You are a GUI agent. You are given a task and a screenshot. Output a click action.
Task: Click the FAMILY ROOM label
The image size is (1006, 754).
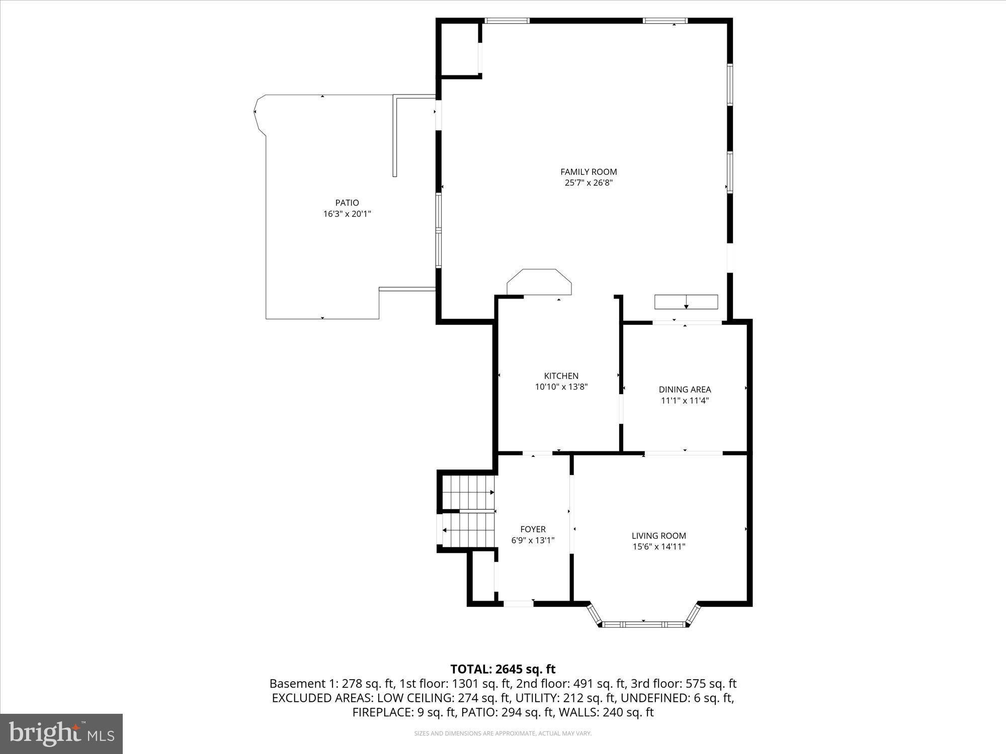[589, 172]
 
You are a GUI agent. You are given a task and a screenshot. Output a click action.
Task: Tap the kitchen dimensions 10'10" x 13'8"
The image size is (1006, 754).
[561, 387]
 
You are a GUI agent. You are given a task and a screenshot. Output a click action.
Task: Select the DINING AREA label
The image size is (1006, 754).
[685, 390]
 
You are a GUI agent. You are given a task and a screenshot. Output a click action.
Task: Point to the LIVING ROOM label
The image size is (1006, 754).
[658, 536]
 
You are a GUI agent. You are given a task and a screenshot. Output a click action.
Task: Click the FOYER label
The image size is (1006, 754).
[533, 529]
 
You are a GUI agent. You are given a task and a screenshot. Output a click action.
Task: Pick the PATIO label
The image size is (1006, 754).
[347, 203]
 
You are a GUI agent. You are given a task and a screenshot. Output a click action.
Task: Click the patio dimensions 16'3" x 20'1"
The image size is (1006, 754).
[347, 214]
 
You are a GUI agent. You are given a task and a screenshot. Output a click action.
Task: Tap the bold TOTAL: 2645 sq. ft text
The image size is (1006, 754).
[502, 669]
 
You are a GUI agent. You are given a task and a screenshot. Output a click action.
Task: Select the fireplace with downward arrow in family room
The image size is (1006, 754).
[686, 302]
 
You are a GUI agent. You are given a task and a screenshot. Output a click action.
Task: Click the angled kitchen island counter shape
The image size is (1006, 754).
[539, 282]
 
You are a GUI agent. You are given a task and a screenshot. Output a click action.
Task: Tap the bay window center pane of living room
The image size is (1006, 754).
[644, 624]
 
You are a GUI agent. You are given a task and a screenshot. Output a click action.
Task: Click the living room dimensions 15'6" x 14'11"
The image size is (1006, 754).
[658, 547]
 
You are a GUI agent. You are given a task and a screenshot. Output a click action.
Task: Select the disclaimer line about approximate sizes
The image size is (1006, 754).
[502, 733]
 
